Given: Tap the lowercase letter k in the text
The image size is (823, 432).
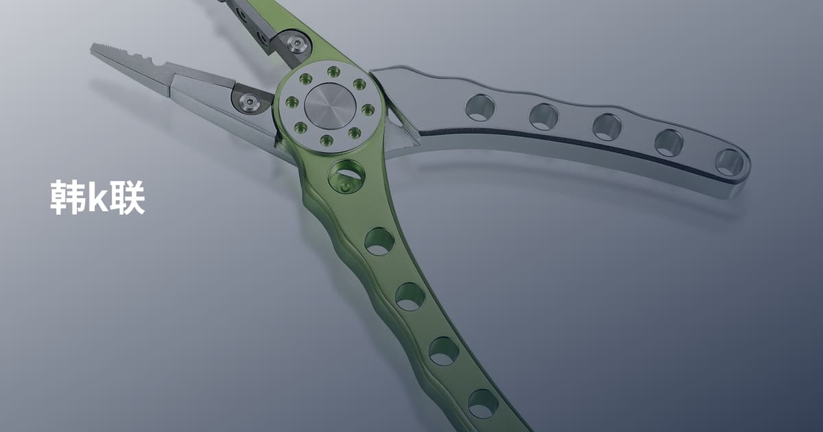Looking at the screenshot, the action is [x=96, y=199].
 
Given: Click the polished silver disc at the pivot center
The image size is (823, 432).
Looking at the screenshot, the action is [x=330, y=106].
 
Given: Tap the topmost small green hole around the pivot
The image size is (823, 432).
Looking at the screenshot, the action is [x=333, y=71].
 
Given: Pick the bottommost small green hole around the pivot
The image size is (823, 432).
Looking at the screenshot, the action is [x=326, y=140].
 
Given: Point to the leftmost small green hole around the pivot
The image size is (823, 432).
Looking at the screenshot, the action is [x=291, y=101].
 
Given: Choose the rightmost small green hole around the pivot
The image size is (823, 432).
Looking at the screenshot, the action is [x=368, y=110].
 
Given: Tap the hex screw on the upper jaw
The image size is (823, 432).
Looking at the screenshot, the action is [x=296, y=43].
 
